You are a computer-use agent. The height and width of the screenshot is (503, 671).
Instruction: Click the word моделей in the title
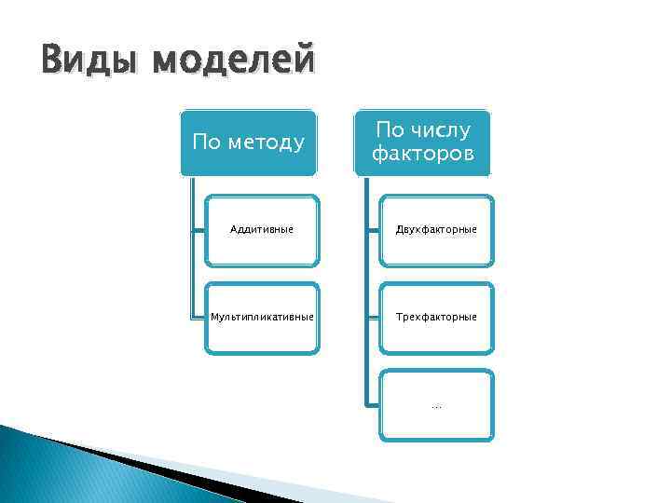(x=234, y=62)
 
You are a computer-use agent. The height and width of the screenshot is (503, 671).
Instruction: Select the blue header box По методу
(x=248, y=143)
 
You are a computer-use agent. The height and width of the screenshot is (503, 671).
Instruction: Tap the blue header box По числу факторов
(x=422, y=143)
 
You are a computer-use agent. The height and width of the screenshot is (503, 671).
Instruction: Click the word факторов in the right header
(x=422, y=154)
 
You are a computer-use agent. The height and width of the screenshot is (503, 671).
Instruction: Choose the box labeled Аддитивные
(x=261, y=230)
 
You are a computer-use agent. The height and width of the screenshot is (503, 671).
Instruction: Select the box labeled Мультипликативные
(x=261, y=318)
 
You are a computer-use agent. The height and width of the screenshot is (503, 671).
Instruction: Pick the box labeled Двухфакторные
(x=436, y=230)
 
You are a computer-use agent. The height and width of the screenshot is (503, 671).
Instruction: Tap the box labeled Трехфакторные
(x=436, y=318)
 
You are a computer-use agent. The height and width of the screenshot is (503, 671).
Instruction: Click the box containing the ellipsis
(x=436, y=405)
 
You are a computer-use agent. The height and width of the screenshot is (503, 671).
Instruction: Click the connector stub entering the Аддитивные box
(x=199, y=230)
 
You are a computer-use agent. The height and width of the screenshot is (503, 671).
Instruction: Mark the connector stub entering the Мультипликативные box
(x=199, y=318)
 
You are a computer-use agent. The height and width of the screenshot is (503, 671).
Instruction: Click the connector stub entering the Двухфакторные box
(x=372, y=230)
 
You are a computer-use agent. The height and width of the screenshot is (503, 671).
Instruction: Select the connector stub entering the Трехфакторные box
(x=372, y=318)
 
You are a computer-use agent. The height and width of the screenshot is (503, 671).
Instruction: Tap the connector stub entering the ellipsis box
(x=372, y=405)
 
